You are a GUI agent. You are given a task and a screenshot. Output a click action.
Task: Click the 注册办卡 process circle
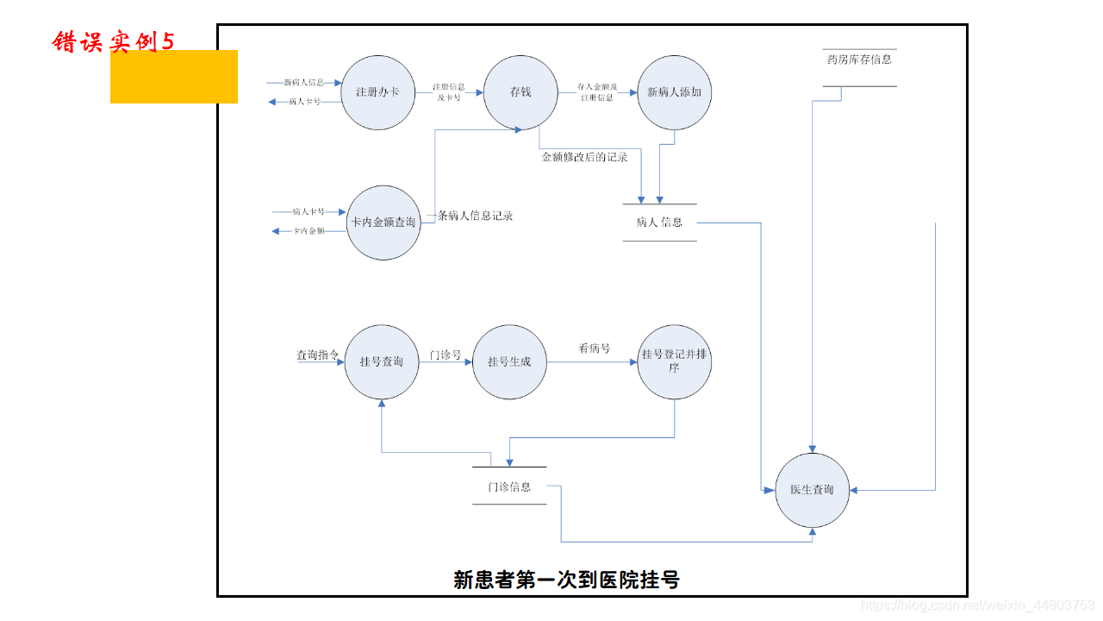[x=377, y=92]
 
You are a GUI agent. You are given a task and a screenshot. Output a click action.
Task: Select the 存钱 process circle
[x=520, y=92]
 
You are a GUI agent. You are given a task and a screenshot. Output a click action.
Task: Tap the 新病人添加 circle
[x=674, y=92]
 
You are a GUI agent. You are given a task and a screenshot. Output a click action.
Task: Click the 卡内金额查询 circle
[x=383, y=223]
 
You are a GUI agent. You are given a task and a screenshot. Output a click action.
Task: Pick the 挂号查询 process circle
[x=382, y=361]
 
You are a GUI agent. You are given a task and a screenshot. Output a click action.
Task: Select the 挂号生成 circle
[x=509, y=361]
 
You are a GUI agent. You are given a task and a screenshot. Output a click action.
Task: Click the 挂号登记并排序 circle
[x=674, y=361]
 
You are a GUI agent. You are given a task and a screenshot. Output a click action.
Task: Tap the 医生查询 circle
[x=812, y=490]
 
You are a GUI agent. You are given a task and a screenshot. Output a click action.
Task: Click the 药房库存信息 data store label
[x=859, y=60]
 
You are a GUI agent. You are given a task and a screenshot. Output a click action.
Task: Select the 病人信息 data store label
[x=659, y=223]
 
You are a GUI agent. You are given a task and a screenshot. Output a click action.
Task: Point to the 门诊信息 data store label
[x=509, y=487]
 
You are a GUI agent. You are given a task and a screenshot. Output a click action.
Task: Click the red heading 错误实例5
[x=113, y=41]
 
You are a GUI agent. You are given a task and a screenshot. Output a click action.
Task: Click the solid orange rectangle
[x=174, y=77]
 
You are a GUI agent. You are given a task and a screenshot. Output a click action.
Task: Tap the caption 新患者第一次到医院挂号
[x=566, y=580]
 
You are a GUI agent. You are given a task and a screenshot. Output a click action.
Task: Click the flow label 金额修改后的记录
[x=584, y=158]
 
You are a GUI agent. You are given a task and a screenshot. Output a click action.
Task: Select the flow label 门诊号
[x=446, y=355]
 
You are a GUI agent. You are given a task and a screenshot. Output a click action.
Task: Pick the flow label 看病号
[x=594, y=348]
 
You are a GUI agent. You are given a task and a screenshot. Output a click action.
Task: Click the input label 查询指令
[x=318, y=355]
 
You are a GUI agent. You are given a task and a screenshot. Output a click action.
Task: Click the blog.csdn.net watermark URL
[x=978, y=606]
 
